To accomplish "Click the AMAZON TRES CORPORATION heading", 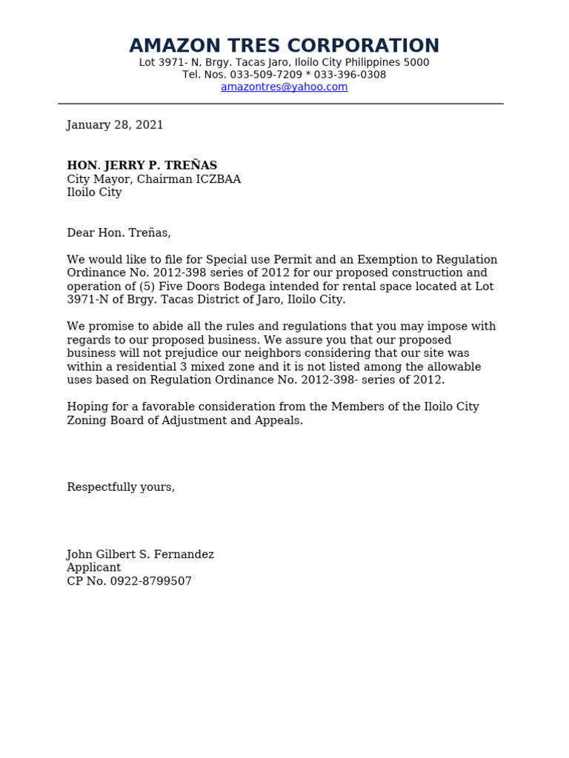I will tap(284, 46).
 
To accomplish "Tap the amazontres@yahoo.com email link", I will tap(284, 87).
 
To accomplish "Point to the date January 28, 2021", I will tap(115, 125).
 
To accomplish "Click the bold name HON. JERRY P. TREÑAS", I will tap(142, 165).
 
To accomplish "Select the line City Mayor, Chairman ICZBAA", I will tap(153, 179).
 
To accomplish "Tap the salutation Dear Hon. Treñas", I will tap(119, 232).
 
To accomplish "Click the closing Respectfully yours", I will tap(121, 487).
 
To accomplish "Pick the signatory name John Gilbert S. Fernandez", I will tap(140, 554).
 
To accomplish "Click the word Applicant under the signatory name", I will tap(93, 568).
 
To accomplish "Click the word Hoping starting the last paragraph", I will tap(87, 406).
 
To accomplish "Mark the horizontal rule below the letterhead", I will tap(281, 104).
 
